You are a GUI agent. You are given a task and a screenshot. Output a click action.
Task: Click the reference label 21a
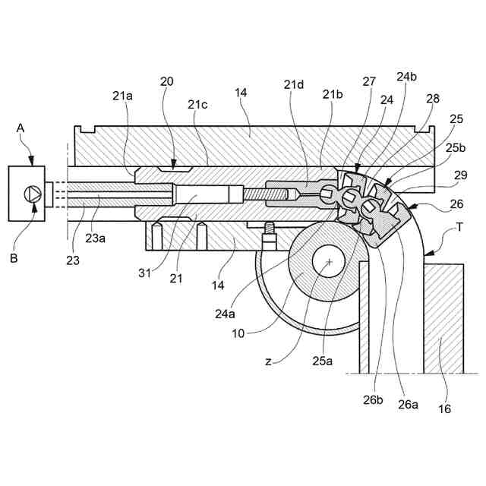[122, 95]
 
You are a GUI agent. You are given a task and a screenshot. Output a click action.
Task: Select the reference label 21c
[198, 104]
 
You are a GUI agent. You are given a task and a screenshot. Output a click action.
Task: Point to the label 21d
[294, 84]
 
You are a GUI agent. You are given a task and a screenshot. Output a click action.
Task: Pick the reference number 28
[432, 99]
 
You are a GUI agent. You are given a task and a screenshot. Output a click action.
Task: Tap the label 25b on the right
[456, 148]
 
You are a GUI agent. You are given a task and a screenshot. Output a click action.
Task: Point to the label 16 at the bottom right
[444, 409]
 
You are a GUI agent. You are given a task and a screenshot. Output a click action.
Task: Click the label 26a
[409, 405]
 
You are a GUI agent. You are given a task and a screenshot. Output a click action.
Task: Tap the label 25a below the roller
[323, 361]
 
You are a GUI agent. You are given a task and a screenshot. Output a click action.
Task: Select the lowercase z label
[268, 361]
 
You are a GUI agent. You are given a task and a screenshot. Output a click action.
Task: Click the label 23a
[96, 238]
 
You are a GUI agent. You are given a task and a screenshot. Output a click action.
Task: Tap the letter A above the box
[21, 130]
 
